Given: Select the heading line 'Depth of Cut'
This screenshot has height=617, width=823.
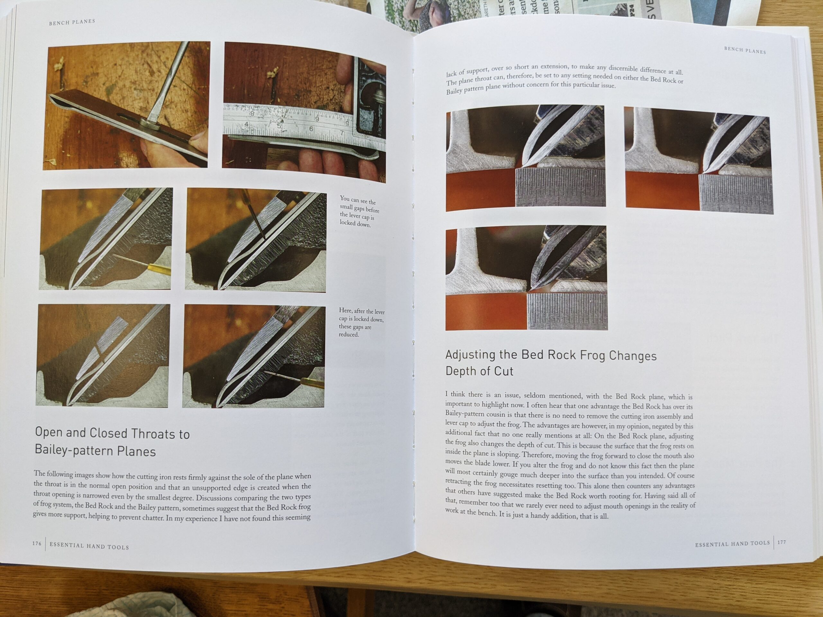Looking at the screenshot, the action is pyautogui.click(x=480, y=371).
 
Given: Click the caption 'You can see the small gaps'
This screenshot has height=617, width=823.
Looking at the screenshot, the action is pyautogui.click(x=359, y=212).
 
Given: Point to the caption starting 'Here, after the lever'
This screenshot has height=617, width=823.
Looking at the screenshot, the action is pyautogui.click(x=361, y=322).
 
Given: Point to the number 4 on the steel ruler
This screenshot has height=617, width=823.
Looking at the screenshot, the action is pyautogui.click(x=246, y=124).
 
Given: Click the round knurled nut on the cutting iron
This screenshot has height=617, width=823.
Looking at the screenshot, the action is pyautogui.click(x=147, y=123).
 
